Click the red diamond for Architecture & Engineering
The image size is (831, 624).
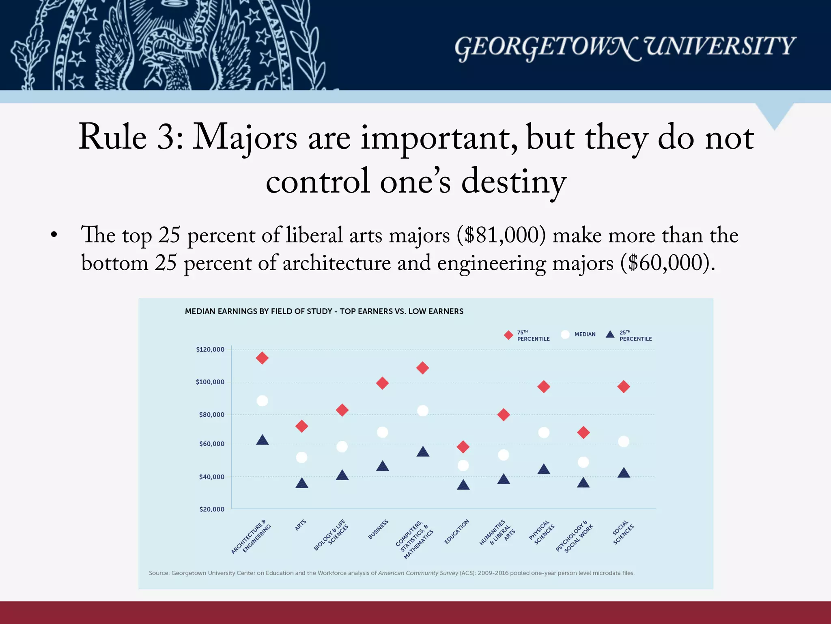(x=262, y=358)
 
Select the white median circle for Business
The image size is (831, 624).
(x=382, y=432)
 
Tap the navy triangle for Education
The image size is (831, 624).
(x=463, y=485)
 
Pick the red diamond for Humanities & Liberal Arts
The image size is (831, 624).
(x=503, y=415)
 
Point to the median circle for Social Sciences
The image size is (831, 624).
(x=623, y=441)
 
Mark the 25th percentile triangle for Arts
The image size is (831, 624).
(x=301, y=483)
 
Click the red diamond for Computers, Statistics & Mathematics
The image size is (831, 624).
(x=422, y=368)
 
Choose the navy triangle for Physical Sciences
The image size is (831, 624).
(x=544, y=470)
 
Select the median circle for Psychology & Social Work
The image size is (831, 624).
(x=583, y=462)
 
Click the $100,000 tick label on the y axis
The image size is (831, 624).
(x=210, y=382)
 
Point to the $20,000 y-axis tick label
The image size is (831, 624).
(x=211, y=509)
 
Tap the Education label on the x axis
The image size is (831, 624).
(x=457, y=531)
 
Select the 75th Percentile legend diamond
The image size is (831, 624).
(x=508, y=335)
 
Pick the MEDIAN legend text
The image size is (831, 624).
(x=585, y=334)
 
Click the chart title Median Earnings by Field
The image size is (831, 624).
(x=324, y=311)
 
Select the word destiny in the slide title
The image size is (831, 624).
(x=513, y=182)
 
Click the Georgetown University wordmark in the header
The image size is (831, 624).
(x=624, y=47)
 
